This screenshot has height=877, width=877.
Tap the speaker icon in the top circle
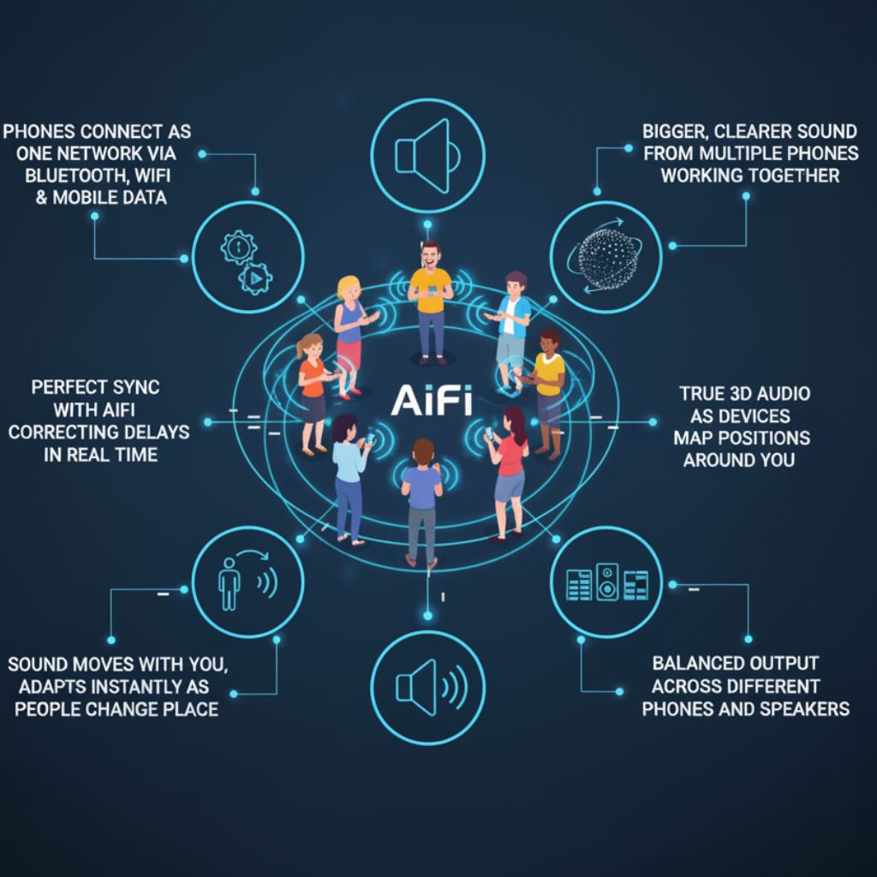427,156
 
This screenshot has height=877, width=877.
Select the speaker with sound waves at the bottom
432,688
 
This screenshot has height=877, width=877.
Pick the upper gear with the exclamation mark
239,247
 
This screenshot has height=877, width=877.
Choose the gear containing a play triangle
255,278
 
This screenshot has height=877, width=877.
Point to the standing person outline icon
229,583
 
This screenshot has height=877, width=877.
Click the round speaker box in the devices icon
607,582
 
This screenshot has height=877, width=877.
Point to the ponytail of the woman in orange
301,349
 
